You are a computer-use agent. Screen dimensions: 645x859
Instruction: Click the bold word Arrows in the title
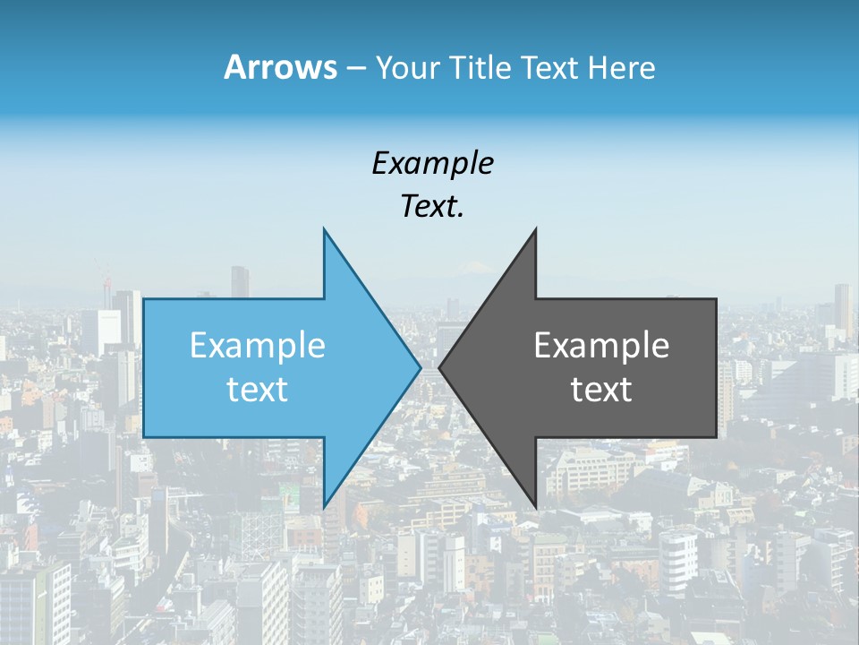click(280, 67)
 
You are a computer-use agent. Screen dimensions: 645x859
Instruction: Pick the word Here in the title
click(622, 68)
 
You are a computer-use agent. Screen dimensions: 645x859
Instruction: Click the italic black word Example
click(432, 163)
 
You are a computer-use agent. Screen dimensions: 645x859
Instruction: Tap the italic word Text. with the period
click(432, 207)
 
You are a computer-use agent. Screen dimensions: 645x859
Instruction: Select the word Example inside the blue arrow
click(257, 346)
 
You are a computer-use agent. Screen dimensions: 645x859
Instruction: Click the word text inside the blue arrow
click(257, 390)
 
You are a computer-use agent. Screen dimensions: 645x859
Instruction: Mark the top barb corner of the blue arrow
click(324, 230)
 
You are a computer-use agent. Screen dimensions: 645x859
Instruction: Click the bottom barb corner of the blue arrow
click(324, 506)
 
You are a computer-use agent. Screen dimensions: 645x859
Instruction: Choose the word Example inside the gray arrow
click(601, 346)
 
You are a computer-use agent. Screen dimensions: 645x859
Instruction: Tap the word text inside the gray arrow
click(601, 390)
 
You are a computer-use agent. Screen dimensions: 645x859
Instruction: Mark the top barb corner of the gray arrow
click(535, 230)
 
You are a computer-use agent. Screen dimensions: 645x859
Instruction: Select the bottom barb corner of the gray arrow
click(535, 506)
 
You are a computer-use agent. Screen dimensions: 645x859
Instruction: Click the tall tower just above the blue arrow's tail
click(239, 281)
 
